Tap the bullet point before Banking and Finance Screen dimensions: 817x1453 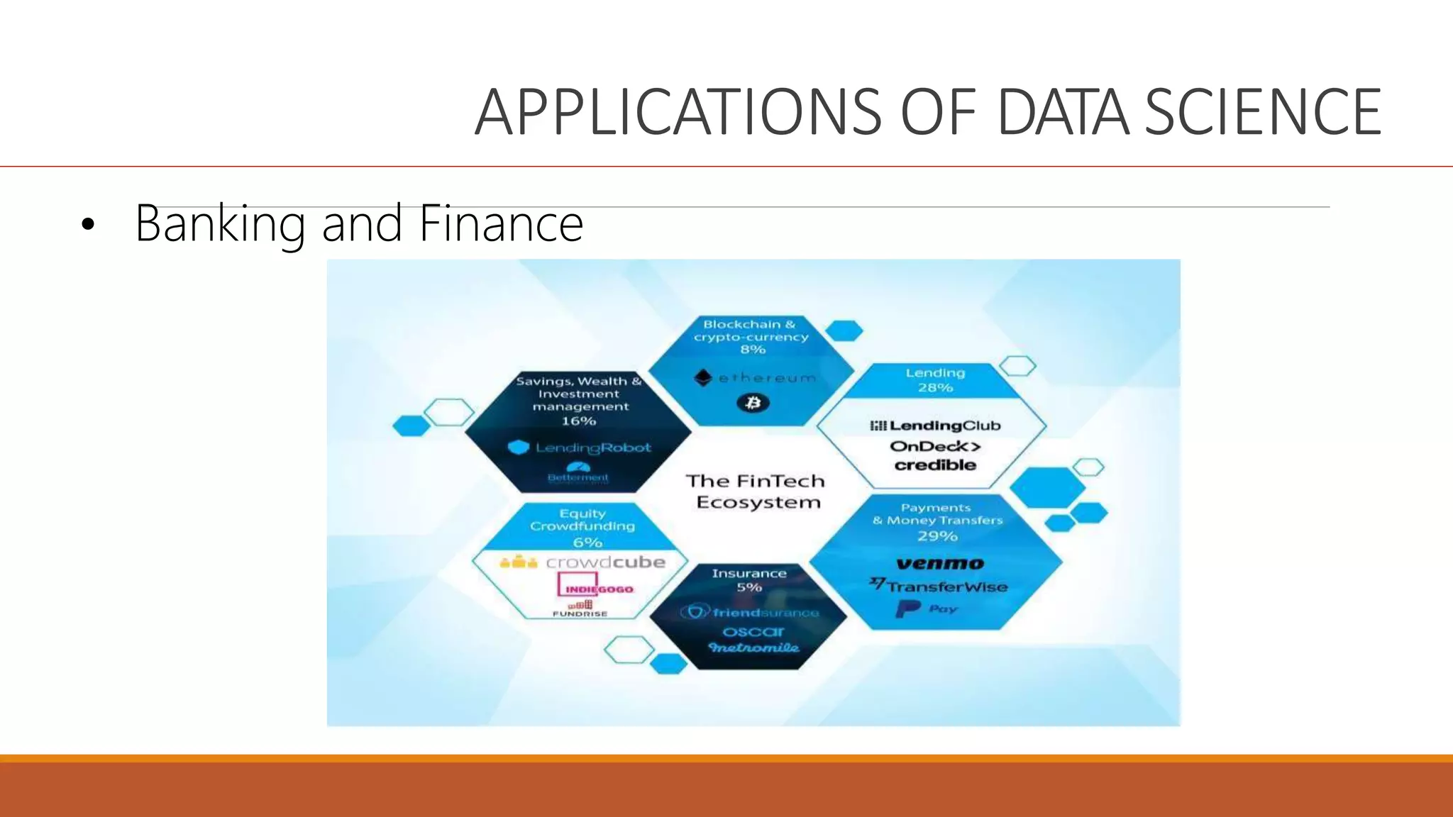click(87, 226)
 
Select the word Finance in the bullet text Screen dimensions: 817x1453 click(501, 223)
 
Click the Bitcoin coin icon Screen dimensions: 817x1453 click(753, 403)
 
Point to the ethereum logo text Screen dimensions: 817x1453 click(766, 378)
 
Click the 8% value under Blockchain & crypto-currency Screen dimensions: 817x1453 click(753, 350)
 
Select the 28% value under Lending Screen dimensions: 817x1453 click(935, 388)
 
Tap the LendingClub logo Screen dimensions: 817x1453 click(935, 426)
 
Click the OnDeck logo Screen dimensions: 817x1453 click(935, 446)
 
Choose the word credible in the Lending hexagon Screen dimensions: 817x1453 click(935, 465)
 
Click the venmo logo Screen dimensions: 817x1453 click(940, 564)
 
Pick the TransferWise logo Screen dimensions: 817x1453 click(939, 587)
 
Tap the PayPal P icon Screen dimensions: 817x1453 click(907, 608)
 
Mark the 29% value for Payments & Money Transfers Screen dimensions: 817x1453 click(937, 536)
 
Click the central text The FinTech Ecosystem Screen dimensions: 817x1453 click(756, 491)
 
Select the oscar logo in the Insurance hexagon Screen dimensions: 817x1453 click(753, 631)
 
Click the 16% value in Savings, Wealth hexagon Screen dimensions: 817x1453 click(579, 421)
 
